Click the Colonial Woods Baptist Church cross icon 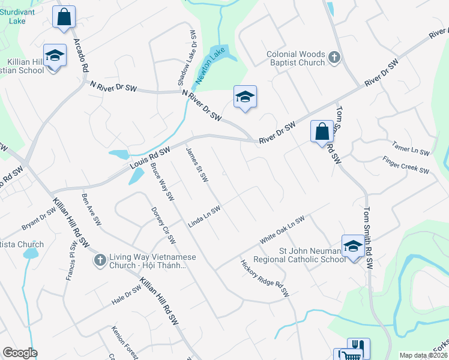pos(334,58)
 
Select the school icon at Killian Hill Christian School pos(55,56)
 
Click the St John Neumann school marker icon pos(352,246)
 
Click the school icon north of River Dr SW pos(245,97)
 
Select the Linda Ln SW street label pos(205,216)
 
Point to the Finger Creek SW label pos(406,165)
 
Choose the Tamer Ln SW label pos(409,148)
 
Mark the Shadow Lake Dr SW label pos(187,57)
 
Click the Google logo pos(20,353)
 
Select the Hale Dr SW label pos(125,295)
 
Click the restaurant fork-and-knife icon pos(358,347)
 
